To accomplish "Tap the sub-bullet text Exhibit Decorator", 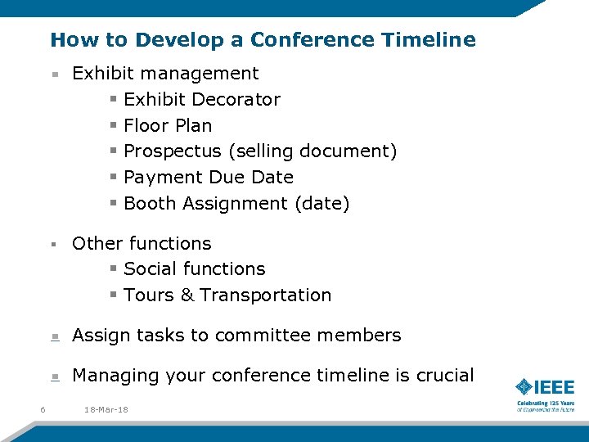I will point(201,100).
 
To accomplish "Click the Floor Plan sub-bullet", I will point(167,125).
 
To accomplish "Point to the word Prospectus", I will point(172,151).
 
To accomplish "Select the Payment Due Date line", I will point(208,178).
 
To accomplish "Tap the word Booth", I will point(148,204).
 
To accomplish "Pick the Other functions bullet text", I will point(142,244).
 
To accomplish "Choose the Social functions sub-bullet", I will point(194,269).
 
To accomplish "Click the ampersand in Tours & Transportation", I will point(187,295).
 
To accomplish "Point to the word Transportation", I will point(266,295).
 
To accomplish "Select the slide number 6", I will point(42,409).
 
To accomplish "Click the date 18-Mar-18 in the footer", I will point(106,409).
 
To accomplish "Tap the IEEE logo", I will point(545,387).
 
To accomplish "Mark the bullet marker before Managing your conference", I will point(54,377).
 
